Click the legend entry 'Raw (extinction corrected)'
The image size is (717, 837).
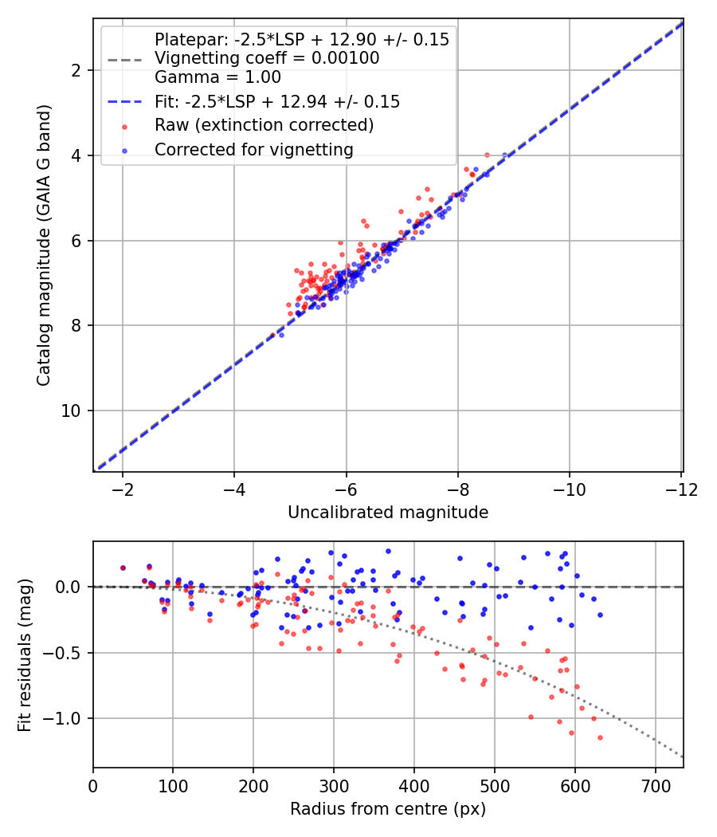click(x=264, y=125)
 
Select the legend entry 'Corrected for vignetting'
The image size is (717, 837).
click(x=254, y=149)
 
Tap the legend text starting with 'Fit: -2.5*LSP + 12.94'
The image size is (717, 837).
click(x=277, y=102)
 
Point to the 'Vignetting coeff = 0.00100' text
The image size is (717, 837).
click(x=267, y=58)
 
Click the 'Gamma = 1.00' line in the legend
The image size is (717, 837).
click(x=217, y=77)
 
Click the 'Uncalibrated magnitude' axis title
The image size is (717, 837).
click(x=388, y=513)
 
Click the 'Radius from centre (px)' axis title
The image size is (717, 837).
click(x=388, y=809)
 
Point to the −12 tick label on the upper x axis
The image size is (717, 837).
click(x=681, y=489)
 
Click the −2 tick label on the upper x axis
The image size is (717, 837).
click(x=122, y=489)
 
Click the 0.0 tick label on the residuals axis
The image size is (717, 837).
click(x=69, y=587)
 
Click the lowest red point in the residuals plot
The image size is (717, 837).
click(x=600, y=737)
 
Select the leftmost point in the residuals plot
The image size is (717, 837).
click(x=123, y=568)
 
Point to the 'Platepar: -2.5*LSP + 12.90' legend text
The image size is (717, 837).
click(x=301, y=39)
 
